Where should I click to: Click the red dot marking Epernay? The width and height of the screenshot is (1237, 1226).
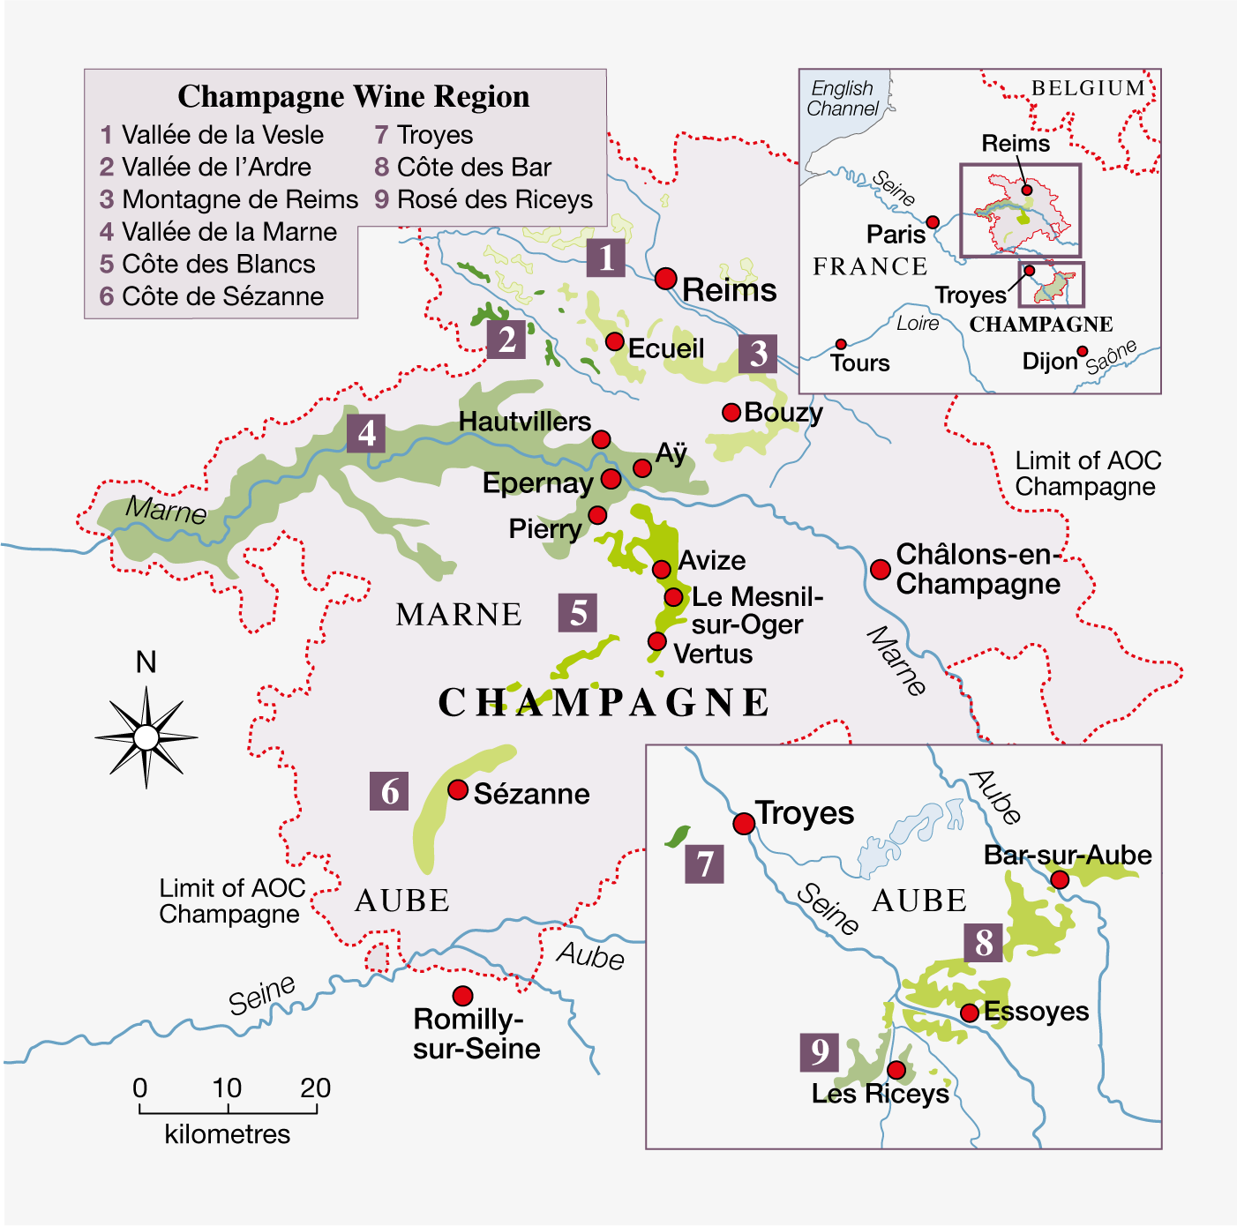[611, 479]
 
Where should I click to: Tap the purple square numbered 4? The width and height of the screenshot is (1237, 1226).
[366, 433]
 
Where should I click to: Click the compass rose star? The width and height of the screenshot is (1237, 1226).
[146, 737]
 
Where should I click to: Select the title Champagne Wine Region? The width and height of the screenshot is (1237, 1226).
[353, 96]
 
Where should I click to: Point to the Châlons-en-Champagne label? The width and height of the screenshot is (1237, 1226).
[978, 569]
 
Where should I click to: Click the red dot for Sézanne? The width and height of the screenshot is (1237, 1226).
[458, 789]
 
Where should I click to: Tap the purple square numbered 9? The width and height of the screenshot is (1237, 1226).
[820, 1051]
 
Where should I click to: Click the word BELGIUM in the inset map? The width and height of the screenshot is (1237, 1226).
[1088, 88]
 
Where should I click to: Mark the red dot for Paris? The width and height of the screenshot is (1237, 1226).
[933, 222]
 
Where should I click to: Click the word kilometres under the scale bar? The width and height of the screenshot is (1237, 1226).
[227, 1134]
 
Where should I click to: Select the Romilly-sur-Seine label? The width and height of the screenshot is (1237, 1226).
[476, 1034]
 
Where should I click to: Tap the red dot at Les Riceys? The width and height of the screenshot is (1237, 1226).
[896, 1070]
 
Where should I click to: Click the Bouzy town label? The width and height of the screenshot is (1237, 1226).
[783, 412]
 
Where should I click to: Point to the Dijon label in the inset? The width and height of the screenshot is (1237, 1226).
[1050, 361]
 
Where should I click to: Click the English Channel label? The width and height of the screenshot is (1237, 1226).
[843, 99]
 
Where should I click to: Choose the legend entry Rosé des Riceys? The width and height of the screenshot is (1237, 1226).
[484, 199]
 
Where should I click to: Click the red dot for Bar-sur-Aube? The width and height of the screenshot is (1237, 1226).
[1060, 879]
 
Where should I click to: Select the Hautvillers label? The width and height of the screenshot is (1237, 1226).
[525, 422]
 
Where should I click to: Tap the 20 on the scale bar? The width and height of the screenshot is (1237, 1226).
[315, 1088]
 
